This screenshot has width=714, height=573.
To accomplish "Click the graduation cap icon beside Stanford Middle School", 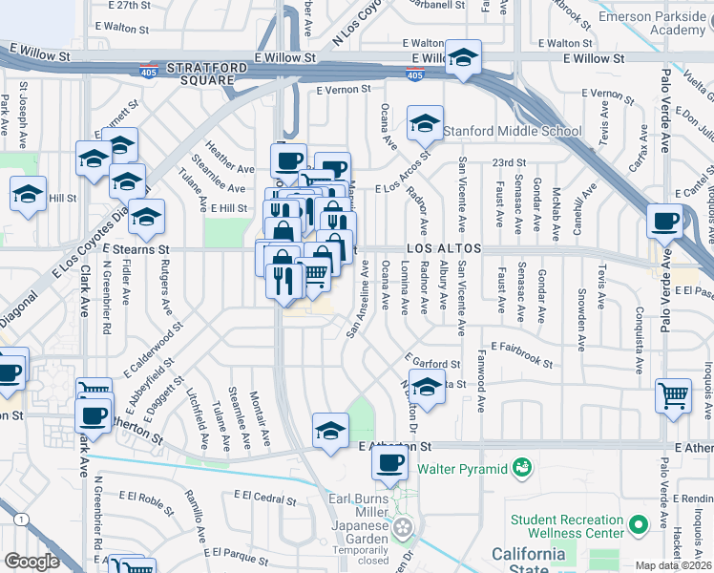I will tap(425, 123).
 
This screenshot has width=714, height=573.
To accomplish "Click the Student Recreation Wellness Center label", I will tap(574, 526).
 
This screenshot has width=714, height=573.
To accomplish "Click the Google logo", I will tap(31, 562).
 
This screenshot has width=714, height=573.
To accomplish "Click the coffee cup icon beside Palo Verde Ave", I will tap(664, 221).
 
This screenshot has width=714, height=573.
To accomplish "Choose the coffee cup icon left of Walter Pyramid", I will tap(389, 464).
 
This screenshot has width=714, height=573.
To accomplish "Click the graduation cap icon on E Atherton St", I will tap(330, 431).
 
